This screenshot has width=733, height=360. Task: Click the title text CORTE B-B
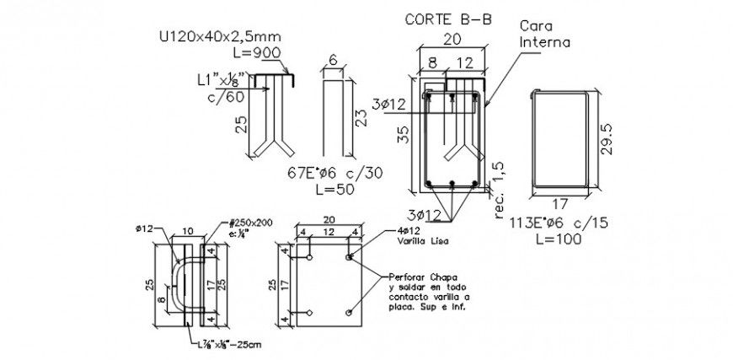tap(447, 18)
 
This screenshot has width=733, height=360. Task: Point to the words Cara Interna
tap(543, 33)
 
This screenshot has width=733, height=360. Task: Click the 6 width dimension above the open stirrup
tap(333, 60)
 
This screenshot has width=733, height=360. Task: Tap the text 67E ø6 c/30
tap(334, 173)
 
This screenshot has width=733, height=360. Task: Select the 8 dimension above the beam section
tap(431, 62)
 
